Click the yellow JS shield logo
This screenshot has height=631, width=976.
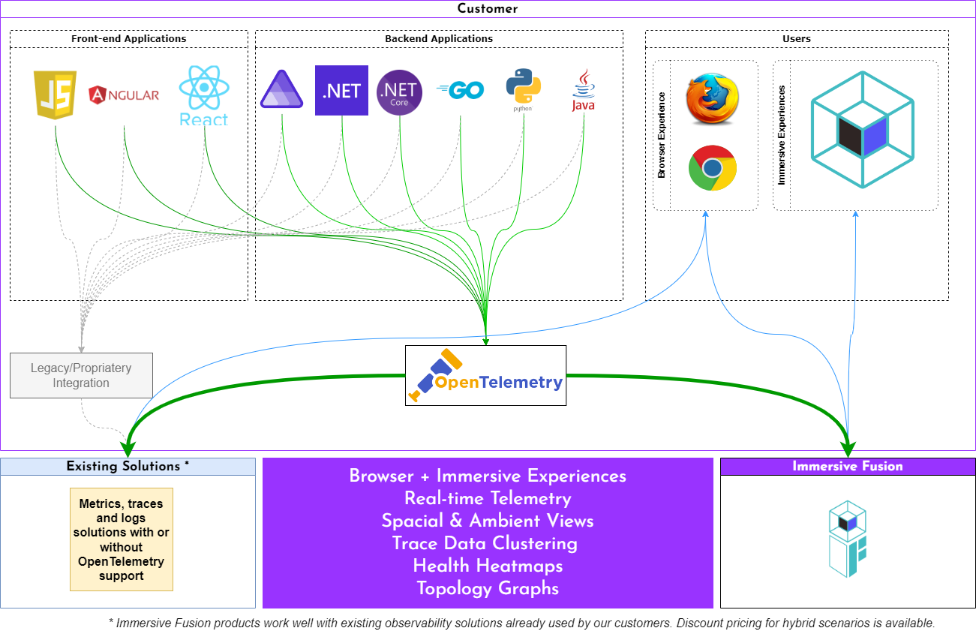pos(56,94)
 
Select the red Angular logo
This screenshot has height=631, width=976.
pos(124,95)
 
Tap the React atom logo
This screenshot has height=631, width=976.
pos(203,95)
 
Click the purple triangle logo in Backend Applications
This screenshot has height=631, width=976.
pos(281,91)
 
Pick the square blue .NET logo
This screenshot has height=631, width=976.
pos(341,90)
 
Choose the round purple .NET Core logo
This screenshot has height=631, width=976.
pos(399,92)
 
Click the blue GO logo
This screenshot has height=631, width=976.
pos(460,90)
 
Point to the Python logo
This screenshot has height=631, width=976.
pos(524,89)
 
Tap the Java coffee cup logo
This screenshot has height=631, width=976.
pos(583,91)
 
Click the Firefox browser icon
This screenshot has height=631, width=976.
pos(712,98)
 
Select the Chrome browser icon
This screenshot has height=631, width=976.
pos(712,167)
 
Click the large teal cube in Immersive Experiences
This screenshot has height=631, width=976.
pos(862,129)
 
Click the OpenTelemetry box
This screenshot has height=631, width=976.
pos(485,375)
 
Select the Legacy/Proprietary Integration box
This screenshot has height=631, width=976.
pos(81,375)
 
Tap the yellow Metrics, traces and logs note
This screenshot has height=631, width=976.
pos(122,539)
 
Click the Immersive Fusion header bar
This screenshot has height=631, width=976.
pos(848,467)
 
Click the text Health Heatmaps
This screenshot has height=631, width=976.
pos(488,566)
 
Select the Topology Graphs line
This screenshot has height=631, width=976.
pos(488,588)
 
